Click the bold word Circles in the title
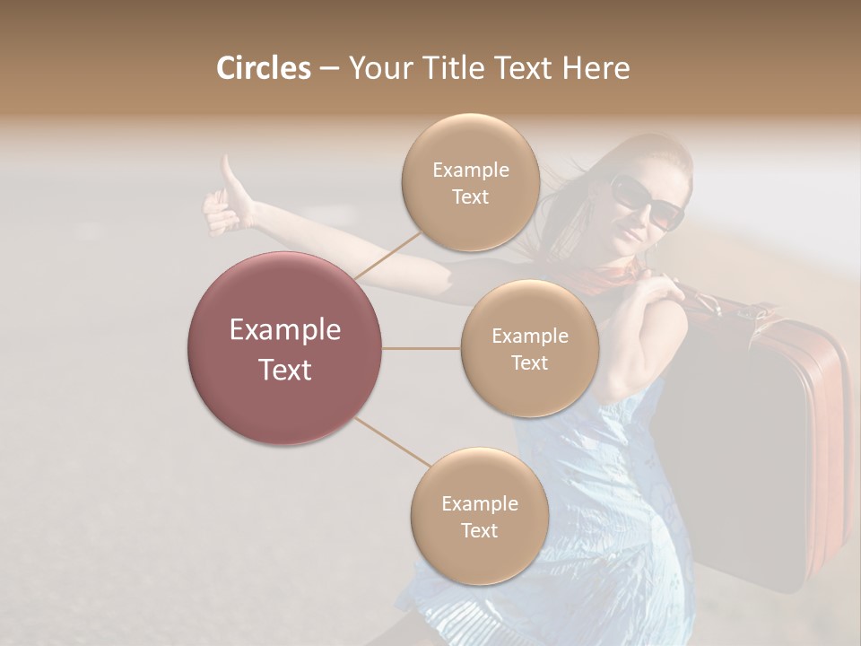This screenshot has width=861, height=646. [263, 68]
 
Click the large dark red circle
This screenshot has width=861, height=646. [285, 348]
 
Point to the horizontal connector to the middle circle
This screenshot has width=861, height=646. [422, 348]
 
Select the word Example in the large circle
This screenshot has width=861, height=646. [285, 330]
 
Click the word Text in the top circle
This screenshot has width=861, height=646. [470, 197]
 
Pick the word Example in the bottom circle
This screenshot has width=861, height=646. [479, 504]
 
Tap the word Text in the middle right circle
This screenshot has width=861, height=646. [529, 363]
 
